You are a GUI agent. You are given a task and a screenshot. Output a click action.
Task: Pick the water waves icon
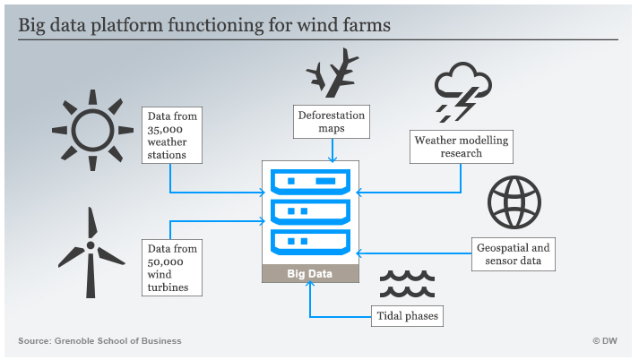tap(406, 285)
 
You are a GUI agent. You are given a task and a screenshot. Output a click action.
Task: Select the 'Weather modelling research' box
tap(462, 147)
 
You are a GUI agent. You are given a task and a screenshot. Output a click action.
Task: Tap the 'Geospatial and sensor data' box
tap(514, 254)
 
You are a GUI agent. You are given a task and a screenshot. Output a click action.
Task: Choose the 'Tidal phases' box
tap(407, 315)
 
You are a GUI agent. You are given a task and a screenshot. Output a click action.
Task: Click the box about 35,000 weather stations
tap(170, 135)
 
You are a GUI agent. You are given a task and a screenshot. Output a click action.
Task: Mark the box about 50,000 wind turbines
tap(170, 266)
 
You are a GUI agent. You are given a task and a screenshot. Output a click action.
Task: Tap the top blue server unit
tap(310, 183)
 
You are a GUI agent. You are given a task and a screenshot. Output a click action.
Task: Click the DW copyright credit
tap(605, 340)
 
